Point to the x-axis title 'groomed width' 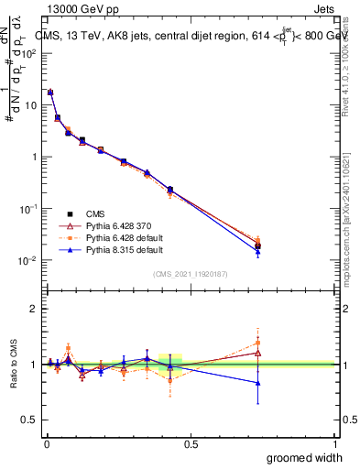(x=305, y=456)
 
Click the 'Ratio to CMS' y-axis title (x=15, y=364)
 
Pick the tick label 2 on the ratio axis (x=33, y=309)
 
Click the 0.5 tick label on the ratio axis (x=29, y=420)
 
